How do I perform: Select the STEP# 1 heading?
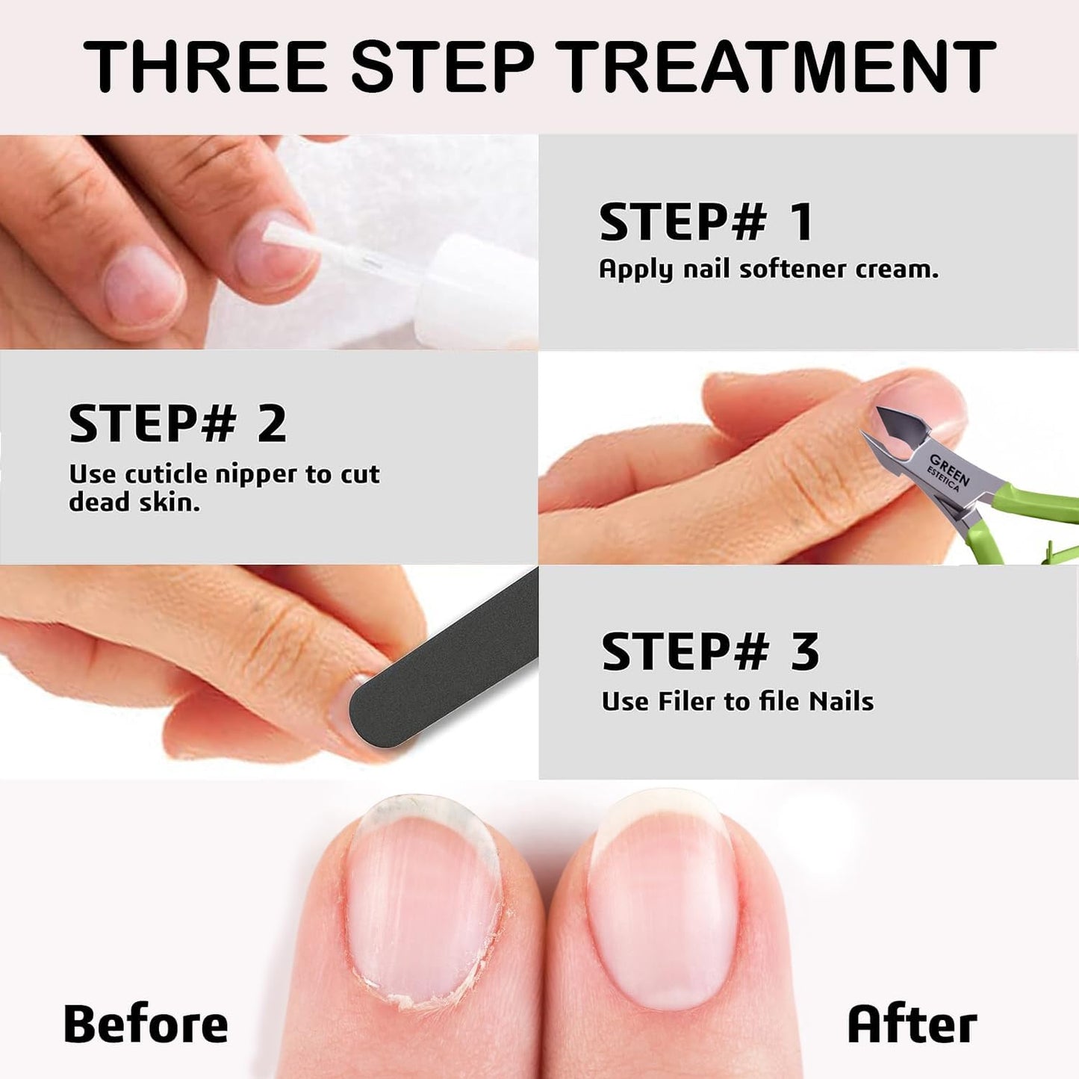tap(705, 223)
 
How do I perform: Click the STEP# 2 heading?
tap(178, 424)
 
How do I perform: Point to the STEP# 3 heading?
tap(710, 651)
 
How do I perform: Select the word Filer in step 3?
tap(687, 701)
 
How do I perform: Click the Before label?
tap(146, 1024)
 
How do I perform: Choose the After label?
tap(912, 1024)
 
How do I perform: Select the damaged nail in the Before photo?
tap(422, 896)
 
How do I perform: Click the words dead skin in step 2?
tap(134, 503)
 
